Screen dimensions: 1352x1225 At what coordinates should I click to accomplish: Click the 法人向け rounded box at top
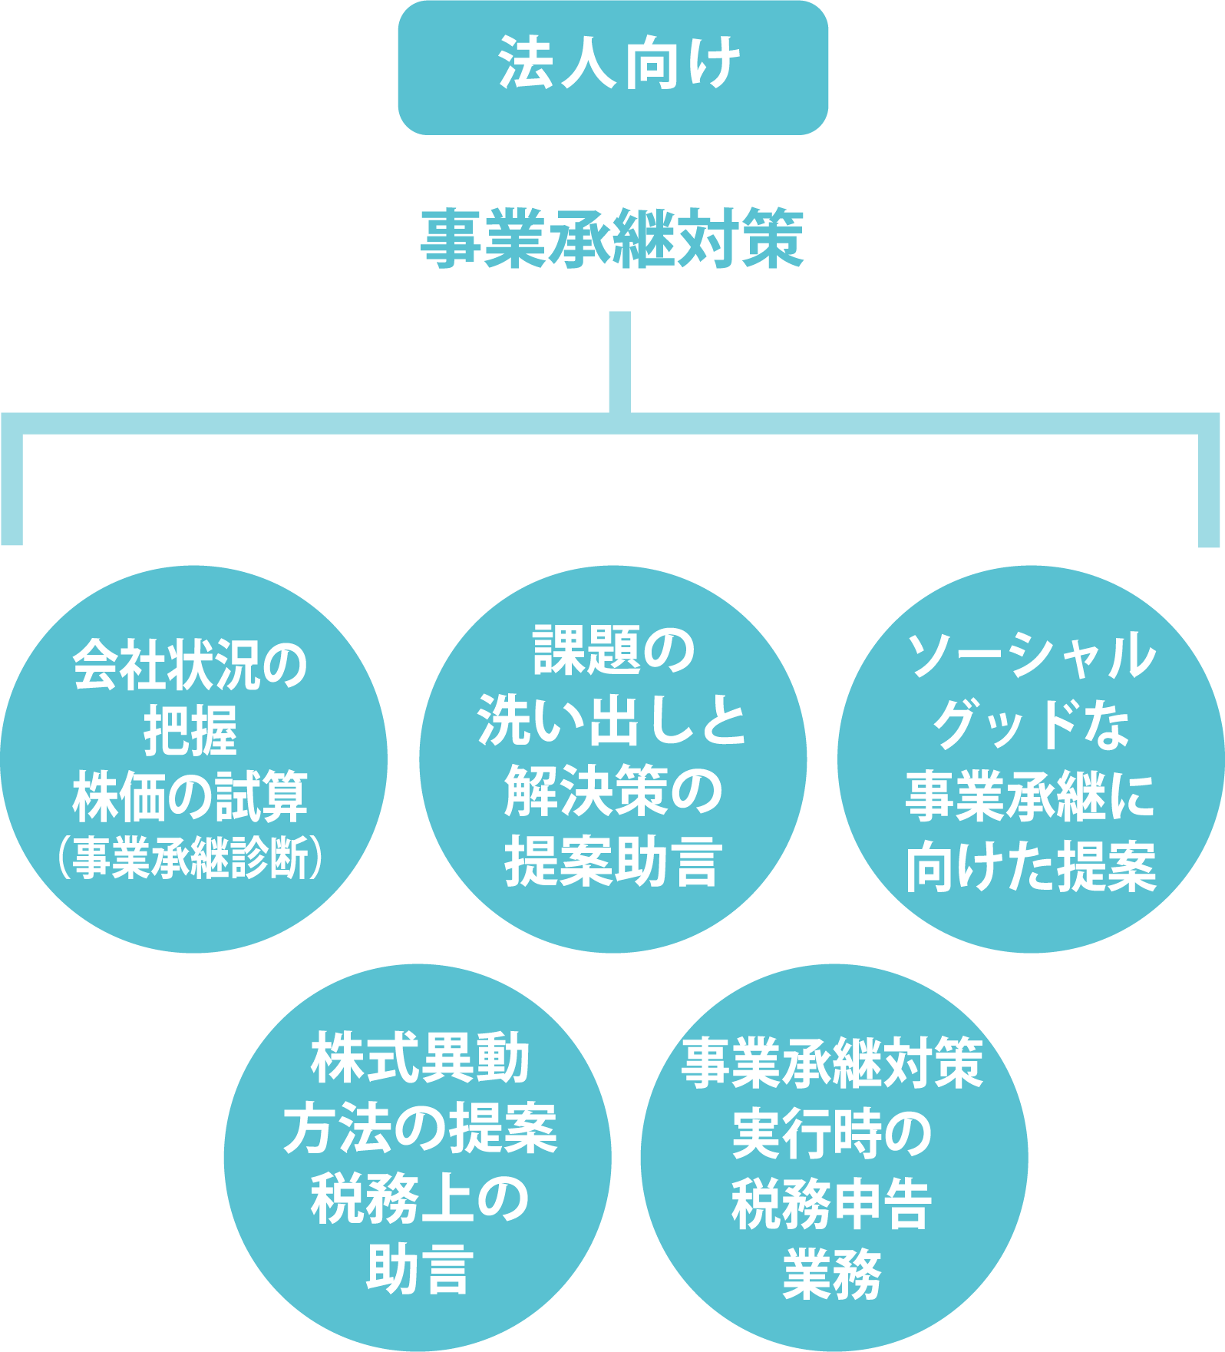tap(612, 67)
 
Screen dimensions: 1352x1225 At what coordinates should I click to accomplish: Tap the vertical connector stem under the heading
tap(619, 361)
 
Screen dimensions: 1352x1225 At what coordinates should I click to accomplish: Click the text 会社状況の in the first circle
tap(190, 666)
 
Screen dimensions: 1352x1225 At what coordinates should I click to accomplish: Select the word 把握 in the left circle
tap(190, 731)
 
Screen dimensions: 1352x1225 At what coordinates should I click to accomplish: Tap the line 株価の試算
tap(190, 797)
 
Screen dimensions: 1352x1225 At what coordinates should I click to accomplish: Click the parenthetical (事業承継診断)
tap(190, 858)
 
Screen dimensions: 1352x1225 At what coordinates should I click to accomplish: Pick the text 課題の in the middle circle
tap(612, 650)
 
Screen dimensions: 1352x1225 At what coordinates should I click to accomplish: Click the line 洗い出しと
tap(612, 721)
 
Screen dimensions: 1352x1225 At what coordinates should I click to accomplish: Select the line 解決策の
tap(612, 791)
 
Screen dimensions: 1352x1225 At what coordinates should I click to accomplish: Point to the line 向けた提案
tap(1031, 868)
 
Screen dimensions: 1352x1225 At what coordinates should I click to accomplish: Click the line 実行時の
tap(832, 1134)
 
